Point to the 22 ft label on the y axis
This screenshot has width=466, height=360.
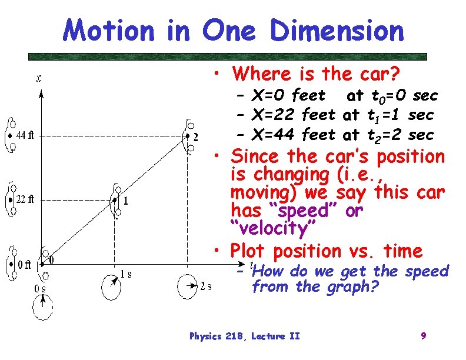25,199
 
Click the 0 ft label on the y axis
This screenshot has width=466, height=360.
24,264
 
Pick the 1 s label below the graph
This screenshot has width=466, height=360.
126,274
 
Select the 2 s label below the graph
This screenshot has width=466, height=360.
206,286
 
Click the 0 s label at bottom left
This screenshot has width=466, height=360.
39,288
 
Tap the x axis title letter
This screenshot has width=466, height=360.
39,79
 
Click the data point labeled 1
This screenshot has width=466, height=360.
115,200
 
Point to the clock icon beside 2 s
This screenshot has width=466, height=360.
188,287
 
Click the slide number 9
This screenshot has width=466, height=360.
423,336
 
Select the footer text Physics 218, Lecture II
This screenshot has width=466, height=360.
244,336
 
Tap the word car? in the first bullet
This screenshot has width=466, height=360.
378,74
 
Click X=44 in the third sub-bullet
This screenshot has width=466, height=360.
274,135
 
